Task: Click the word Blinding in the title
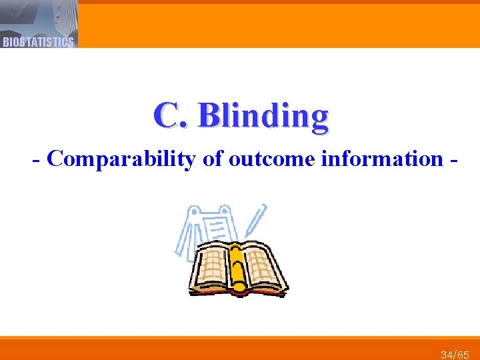[x=263, y=116]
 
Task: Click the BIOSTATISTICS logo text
[x=38, y=42]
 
